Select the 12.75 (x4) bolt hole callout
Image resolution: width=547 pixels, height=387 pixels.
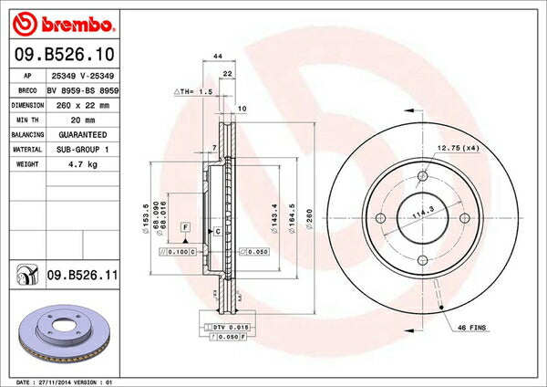pos(459,147)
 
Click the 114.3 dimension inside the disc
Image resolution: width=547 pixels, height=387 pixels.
pos(420,215)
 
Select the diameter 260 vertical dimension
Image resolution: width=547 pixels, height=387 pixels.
pos(308,219)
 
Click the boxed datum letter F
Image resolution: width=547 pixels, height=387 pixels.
pos(184,225)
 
